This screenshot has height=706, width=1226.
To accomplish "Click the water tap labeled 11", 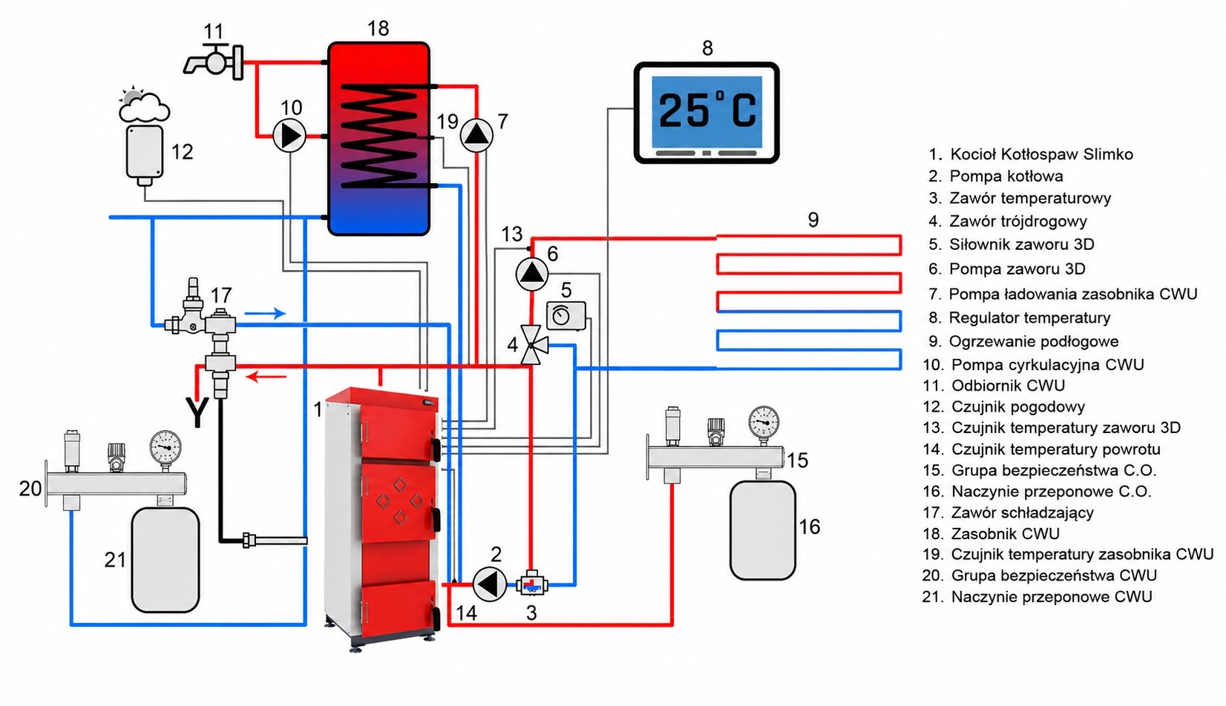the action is [x=214, y=62].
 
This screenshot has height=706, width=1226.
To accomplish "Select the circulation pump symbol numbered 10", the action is [x=289, y=136].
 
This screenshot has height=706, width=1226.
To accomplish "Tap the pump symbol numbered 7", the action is [x=476, y=136].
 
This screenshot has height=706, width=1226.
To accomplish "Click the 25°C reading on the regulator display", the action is [x=707, y=111].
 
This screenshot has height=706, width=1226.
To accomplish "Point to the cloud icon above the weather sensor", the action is [x=143, y=105].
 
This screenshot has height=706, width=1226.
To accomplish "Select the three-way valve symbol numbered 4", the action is [x=533, y=345].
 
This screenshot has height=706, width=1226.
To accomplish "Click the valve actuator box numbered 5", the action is [x=566, y=315].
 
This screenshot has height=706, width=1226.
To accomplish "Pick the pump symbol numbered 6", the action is [x=531, y=274].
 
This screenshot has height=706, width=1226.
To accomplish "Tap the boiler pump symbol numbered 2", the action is [x=489, y=584].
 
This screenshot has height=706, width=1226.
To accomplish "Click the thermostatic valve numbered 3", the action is [x=531, y=584].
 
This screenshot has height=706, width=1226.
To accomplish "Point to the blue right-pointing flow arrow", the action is [x=266, y=314].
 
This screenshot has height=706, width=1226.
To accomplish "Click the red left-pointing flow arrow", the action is [x=266, y=377].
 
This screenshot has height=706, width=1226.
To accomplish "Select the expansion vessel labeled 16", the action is [x=762, y=530].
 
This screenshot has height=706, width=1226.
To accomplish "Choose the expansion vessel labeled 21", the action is [x=165, y=559].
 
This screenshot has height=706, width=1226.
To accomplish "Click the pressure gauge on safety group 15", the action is [x=763, y=422].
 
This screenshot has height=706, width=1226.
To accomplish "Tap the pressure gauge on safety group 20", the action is [x=165, y=446].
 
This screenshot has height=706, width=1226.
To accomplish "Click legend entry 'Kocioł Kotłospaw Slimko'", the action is [x=1041, y=154].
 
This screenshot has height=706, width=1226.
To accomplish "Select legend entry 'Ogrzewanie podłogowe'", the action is [x=1033, y=342].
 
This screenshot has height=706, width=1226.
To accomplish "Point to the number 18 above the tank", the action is [x=378, y=28].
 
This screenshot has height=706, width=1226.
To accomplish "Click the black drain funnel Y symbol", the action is [x=197, y=412].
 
